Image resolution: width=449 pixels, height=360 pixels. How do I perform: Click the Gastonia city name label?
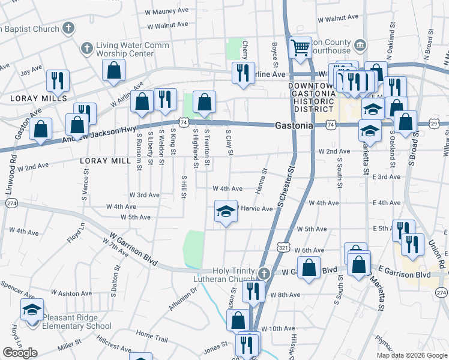(294, 126)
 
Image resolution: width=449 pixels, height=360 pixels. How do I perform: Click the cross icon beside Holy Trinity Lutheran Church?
(264, 274)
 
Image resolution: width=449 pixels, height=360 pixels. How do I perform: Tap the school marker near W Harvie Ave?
(226, 212)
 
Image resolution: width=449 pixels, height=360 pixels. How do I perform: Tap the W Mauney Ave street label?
(167, 11)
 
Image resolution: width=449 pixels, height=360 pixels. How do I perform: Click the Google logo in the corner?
(20, 353)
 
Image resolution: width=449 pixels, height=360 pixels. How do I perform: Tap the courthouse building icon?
(360, 44)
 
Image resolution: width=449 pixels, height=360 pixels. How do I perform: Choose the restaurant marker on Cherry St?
(243, 73)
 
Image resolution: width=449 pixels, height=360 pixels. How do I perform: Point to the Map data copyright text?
(411, 355)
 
